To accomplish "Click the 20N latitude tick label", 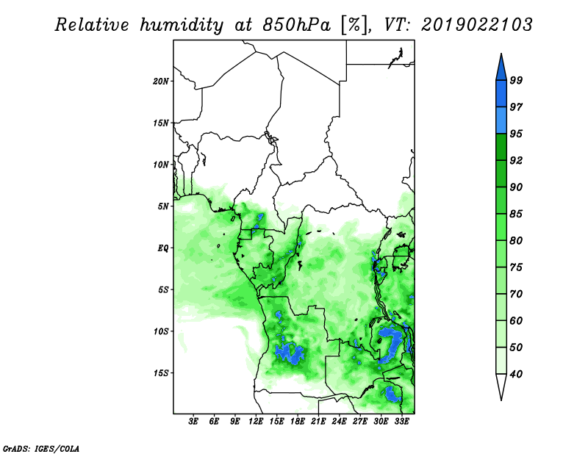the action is pyautogui.click(x=160, y=82).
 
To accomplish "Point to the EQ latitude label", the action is pyautogui.click(x=163, y=248).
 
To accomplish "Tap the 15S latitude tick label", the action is pyautogui.click(x=160, y=373).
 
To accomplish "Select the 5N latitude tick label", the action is pyautogui.click(x=163, y=206).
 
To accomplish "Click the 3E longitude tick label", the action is pyautogui.click(x=193, y=421).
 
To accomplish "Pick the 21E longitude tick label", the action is pyautogui.click(x=318, y=421).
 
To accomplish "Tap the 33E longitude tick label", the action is pyautogui.click(x=401, y=421).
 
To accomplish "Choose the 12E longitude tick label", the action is pyautogui.click(x=256, y=421).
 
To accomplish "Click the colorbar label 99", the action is pyautogui.click(x=516, y=80).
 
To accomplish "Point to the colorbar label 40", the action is pyautogui.click(x=516, y=374).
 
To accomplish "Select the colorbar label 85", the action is pyautogui.click(x=516, y=214).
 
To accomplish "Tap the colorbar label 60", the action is pyautogui.click(x=516, y=320).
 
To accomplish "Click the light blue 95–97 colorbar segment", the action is pyautogui.click(x=501, y=120).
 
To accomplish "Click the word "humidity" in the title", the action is pyautogui.click(x=182, y=25).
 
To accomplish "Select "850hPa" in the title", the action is pyautogui.click(x=296, y=25).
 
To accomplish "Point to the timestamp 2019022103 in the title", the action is pyautogui.click(x=476, y=25).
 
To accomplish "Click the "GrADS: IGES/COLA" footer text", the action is pyautogui.click(x=41, y=448).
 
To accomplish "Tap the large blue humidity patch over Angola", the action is pyautogui.click(x=289, y=353).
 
